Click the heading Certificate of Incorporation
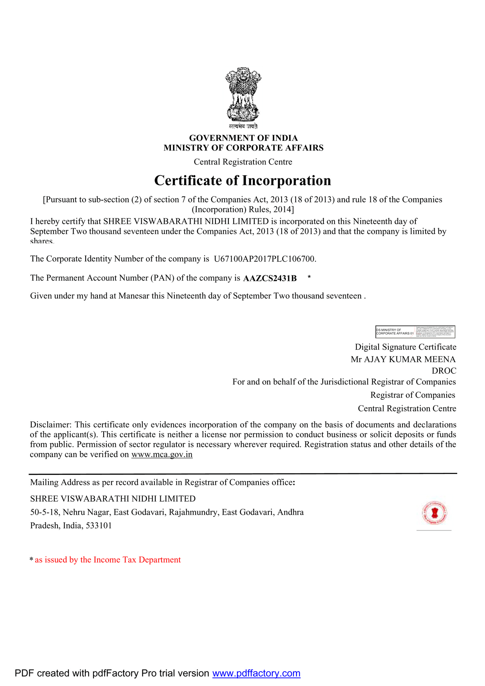[242, 181]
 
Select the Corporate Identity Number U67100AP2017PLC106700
[264, 259]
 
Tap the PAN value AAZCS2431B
[270, 278]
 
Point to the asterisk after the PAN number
[309, 277]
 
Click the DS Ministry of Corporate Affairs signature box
[415, 332]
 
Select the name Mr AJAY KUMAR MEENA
[403, 359]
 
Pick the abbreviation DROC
[444, 371]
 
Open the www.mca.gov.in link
[162, 454]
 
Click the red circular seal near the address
[434, 513]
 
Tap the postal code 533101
[99, 526]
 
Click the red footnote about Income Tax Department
[108, 560]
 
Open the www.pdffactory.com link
[256, 673]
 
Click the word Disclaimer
[50, 425]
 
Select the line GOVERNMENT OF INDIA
[243, 138]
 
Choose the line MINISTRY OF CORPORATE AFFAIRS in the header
[243, 148]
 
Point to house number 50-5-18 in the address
[44, 512]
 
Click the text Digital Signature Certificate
[405, 347]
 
